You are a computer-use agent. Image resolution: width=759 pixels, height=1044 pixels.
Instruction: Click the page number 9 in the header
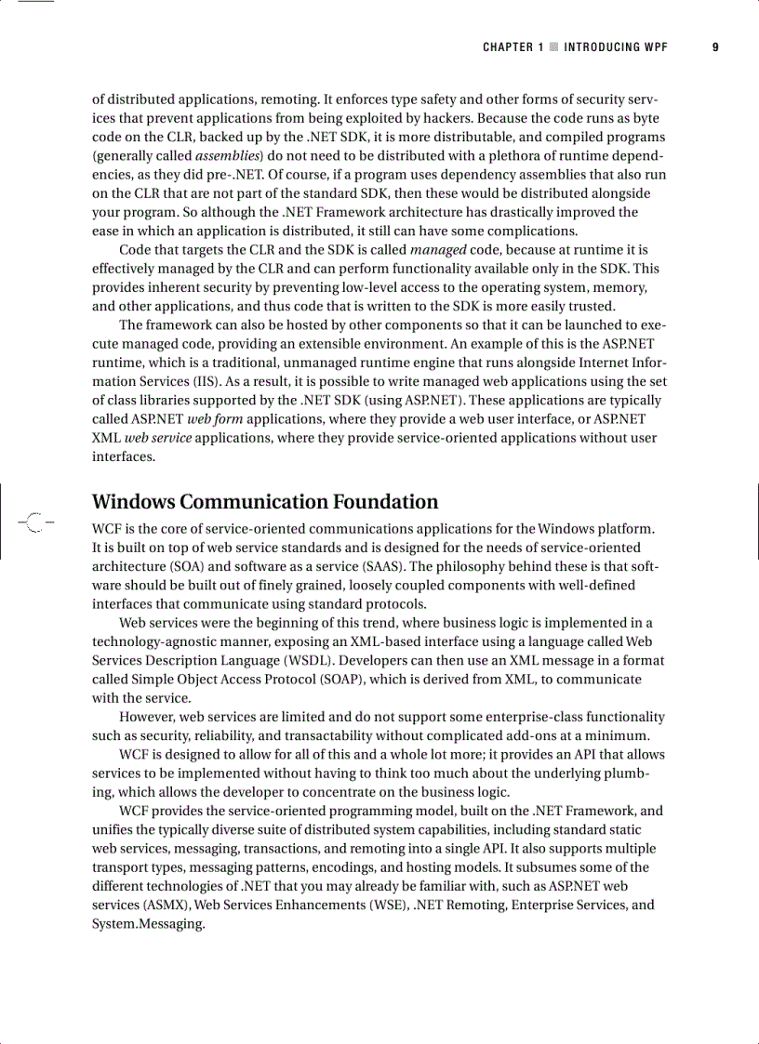[715, 47]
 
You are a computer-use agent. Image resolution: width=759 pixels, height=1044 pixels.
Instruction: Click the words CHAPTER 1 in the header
[513, 47]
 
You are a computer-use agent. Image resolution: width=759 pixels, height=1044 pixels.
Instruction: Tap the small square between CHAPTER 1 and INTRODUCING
[553, 47]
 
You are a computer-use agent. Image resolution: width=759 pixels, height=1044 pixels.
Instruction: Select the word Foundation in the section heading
[383, 502]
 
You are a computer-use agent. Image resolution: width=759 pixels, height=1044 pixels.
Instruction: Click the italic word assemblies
[228, 155]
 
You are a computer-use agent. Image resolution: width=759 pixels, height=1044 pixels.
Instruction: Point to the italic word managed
[437, 250]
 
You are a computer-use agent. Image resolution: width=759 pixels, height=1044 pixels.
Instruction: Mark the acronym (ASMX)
[166, 905]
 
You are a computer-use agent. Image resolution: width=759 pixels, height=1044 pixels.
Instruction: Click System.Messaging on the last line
[147, 924]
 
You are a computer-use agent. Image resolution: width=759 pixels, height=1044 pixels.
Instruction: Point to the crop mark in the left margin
[34, 522]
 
